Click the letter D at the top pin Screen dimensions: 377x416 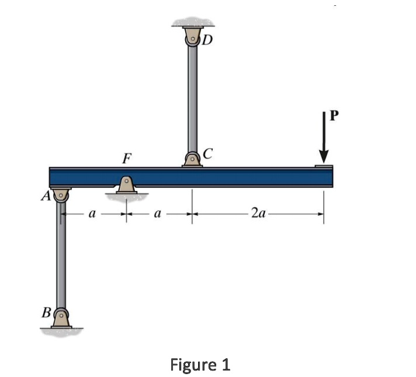[208, 40]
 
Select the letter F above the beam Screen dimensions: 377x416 [126, 158]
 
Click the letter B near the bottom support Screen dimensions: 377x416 [46, 312]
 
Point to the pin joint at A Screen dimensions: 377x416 [60, 195]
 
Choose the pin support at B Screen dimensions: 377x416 [61, 318]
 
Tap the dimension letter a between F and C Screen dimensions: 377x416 [157, 214]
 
